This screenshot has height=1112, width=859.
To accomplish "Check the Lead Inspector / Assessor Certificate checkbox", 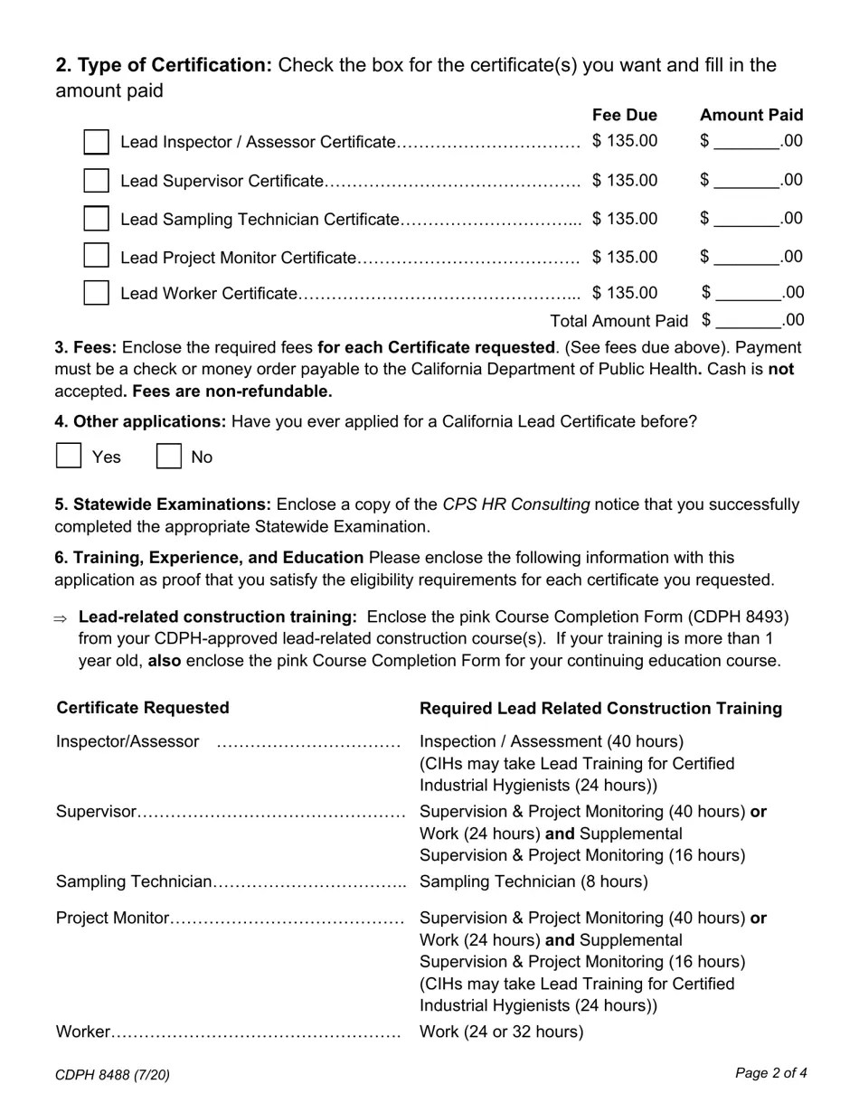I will pos(96,143).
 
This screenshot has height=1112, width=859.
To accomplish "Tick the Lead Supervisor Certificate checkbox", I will pos(96,181).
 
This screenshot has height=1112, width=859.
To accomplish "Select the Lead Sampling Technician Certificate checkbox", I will pos(96,219).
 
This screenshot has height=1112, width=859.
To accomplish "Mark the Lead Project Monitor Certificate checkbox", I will pos(96,256).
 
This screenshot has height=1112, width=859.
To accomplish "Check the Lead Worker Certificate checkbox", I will pos(96,293).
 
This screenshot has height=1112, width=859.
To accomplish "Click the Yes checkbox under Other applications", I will pos(69,456).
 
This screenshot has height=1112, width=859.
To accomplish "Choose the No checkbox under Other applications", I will pos(169,456).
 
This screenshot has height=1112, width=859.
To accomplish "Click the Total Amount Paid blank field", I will pos(747,321).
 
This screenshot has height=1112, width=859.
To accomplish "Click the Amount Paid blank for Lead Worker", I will pos(747,293).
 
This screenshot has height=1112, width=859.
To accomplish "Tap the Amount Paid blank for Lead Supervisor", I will pos(747,181).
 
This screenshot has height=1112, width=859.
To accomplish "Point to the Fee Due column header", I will pos(625,115).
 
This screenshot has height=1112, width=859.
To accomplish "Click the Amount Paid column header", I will pos(751,115).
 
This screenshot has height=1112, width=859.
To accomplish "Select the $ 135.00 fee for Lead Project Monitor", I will pos(625,257).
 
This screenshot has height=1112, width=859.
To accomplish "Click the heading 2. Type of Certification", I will pos(164,65).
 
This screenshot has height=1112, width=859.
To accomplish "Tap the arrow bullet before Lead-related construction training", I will pos(61,618).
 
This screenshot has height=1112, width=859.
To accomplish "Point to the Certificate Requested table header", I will pos(143,708).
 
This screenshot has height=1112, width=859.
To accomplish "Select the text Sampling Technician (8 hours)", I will pos(533,881).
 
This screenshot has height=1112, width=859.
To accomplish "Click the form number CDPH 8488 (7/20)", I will pos(112,1075).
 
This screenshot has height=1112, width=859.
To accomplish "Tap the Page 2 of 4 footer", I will pos(770,1073).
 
